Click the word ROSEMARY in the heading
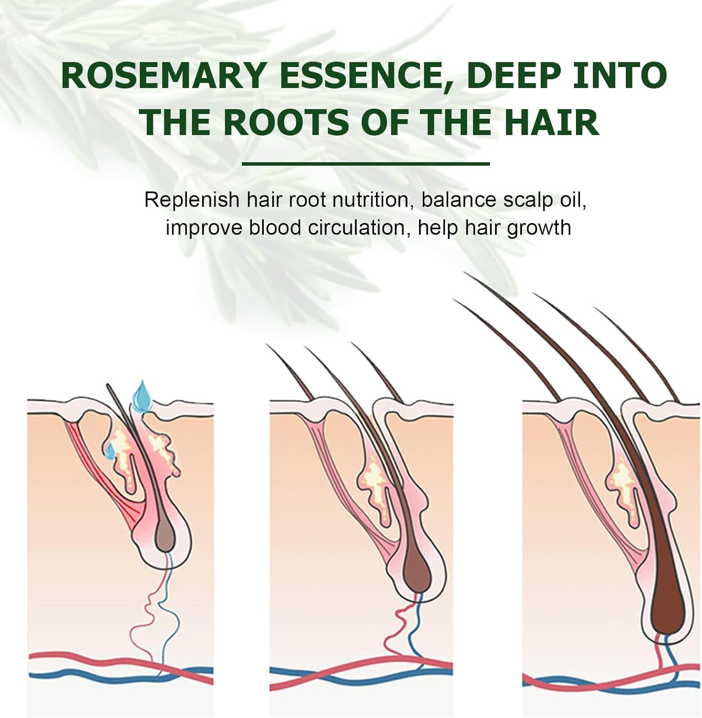(x=163, y=76)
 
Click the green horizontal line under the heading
(x=366, y=164)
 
